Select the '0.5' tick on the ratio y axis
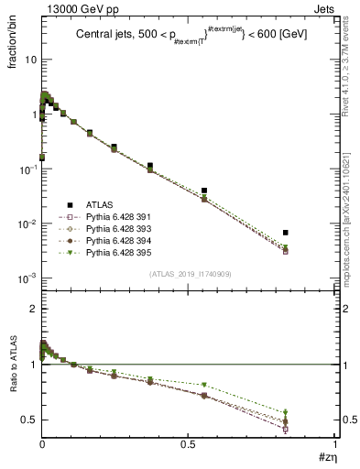[28, 420]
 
